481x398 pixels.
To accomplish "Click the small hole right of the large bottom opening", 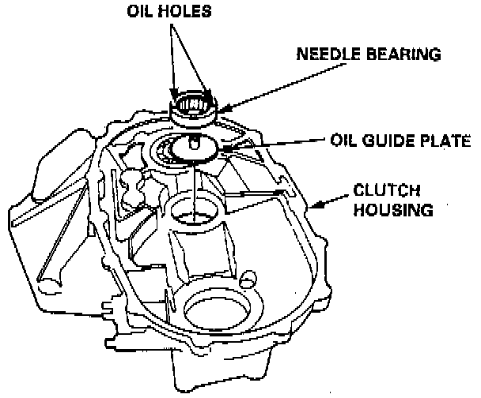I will tap(249, 278).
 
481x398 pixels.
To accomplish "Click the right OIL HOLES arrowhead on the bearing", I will tap(208, 95).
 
